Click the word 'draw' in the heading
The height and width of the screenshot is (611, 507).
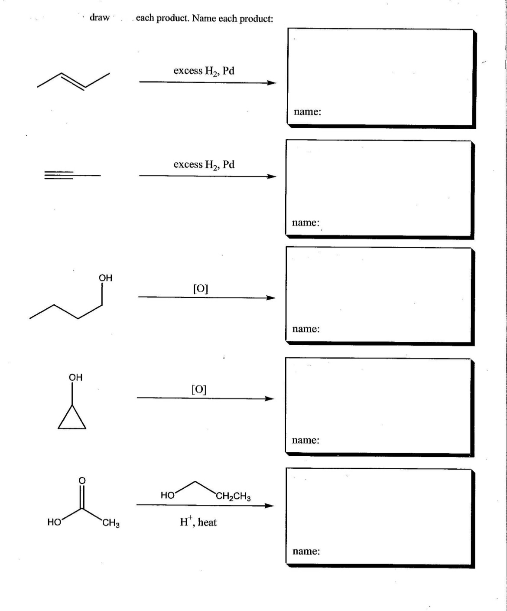click(x=99, y=18)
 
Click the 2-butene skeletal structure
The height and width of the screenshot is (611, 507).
click(x=73, y=80)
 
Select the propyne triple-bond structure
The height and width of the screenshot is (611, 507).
click(x=71, y=175)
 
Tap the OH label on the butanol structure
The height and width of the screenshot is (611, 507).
click(x=105, y=278)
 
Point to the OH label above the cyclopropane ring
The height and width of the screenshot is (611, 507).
click(x=75, y=377)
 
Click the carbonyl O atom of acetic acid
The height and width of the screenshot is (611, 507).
click(x=82, y=480)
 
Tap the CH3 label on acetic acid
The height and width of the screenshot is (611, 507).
click(x=111, y=523)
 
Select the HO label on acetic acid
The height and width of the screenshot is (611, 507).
click(x=54, y=523)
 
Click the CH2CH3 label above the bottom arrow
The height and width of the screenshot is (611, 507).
click(x=233, y=497)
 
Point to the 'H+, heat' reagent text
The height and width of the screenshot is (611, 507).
click(x=198, y=522)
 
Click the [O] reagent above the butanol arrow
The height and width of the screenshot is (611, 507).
click(x=200, y=288)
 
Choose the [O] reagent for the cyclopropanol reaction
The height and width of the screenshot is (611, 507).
click(x=199, y=389)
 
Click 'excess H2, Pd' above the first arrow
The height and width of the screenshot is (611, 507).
click(x=204, y=71)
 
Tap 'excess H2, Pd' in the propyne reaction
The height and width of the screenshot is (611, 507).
click(x=204, y=165)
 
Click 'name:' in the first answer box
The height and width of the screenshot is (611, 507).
click(x=307, y=111)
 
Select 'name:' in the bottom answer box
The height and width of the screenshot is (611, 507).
click(x=306, y=551)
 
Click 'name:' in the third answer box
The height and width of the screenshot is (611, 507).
click(x=306, y=329)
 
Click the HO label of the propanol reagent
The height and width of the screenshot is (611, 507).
click(x=167, y=495)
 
